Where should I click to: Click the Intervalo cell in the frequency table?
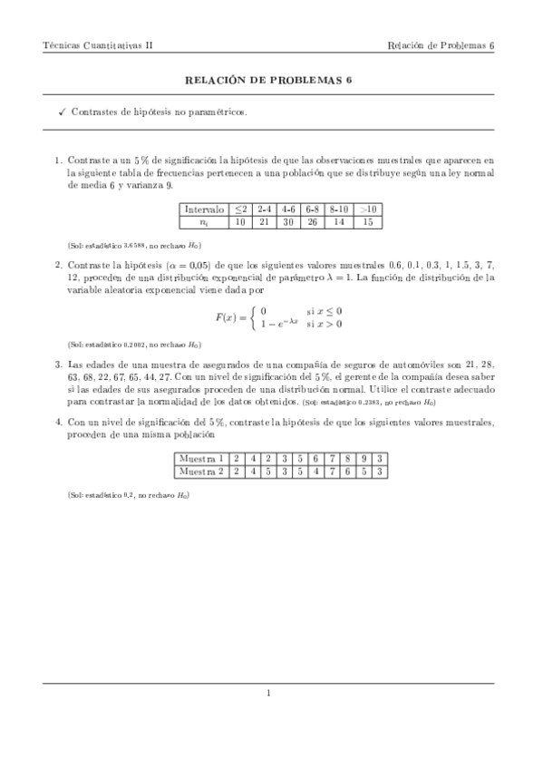tap(204, 209)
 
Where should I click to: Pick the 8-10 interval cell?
tap(339, 209)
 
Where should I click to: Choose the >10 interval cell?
tap(368, 209)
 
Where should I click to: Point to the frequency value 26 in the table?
tap(313, 221)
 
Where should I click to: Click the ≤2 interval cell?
tap(240, 209)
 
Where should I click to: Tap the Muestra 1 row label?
tap(200, 459)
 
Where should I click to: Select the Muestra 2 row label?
tap(200, 472)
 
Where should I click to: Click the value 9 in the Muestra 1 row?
tap(365, 459)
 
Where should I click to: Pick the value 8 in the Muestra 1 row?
tap(349, 459)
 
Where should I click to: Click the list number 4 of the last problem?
tap(58, 422)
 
